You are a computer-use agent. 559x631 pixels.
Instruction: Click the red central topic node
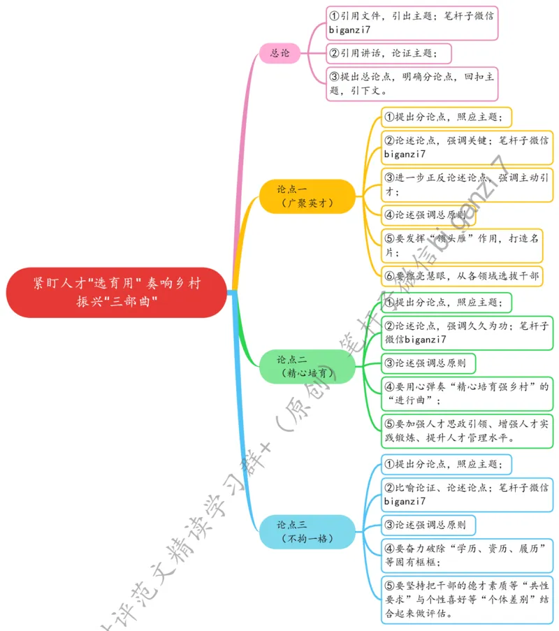point(117,292)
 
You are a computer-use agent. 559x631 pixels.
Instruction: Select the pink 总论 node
point(280,52)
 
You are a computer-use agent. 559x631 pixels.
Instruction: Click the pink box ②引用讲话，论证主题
point(389,53)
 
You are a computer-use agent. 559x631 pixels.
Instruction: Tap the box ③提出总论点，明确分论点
point(412,83)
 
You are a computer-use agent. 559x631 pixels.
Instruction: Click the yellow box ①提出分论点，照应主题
point(447,116)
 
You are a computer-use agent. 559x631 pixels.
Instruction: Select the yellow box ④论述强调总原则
point(428,215)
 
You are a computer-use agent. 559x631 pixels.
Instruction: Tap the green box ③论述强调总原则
point(428,363)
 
